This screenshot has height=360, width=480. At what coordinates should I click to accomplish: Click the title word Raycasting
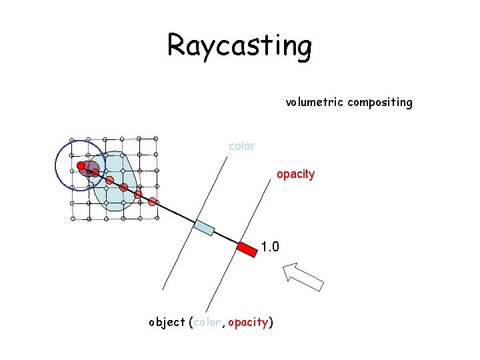(x=239, y=46)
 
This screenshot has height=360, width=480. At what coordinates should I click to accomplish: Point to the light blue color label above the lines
(x=241, y=146)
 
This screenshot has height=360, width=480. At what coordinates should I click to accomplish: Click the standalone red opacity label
(x=295, y=174)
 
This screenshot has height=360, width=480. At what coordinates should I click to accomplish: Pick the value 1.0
(x=270, y=247)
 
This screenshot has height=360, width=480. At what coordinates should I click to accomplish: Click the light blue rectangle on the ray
(x=203, y=227)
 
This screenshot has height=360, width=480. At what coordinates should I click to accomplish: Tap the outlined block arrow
(x=303, y=276)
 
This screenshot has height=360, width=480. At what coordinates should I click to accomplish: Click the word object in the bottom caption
(x=167, y=323)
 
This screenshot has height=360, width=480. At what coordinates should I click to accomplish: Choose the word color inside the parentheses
(x=208, y=323)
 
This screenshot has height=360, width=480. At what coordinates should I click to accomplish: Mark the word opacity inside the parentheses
(x=247, y=323)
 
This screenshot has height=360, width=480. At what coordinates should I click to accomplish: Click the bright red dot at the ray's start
(x=81, y=165)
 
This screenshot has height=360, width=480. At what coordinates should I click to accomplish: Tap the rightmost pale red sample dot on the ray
(x=153, y=201)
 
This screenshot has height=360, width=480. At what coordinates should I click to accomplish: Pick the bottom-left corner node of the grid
(x=73, y=219)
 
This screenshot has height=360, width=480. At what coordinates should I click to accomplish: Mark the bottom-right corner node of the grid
(x=156, y=219)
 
